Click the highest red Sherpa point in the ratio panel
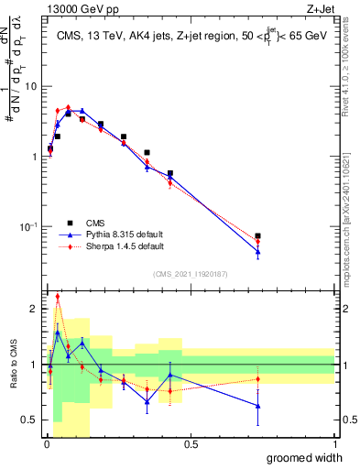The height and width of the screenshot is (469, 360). [58, 296]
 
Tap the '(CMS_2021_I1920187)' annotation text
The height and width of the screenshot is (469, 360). [191, 274]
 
